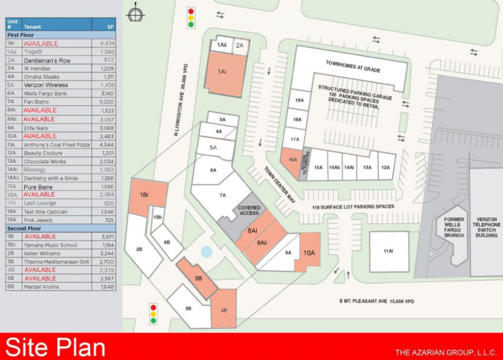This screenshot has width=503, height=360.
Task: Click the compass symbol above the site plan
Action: click(135, 14)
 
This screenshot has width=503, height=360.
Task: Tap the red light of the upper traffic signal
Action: click(191, 11)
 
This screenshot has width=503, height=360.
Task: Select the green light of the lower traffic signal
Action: click(153, 321)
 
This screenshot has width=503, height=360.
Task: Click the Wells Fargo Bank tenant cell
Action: click(45, 94)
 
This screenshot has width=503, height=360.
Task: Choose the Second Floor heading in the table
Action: click(24, 228)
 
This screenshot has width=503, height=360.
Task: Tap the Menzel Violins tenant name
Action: click(41, 287)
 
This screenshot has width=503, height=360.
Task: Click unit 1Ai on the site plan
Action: click(222, 72)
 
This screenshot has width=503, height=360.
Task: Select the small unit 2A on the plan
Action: click(240, 45)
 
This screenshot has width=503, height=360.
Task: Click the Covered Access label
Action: click(249, 210)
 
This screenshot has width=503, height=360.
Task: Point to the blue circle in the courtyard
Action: click(206, 252)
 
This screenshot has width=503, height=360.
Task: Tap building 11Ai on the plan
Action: click(389, 251)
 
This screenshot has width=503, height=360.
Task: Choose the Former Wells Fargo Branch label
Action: click(454, 227)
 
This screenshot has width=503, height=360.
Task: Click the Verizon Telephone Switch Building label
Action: click(486, 227)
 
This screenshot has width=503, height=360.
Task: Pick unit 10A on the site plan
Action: click(309, 253)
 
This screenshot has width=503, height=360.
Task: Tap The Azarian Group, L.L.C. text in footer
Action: click(446, 352)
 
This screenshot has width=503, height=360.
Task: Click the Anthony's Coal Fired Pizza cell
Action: click(57, 144)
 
